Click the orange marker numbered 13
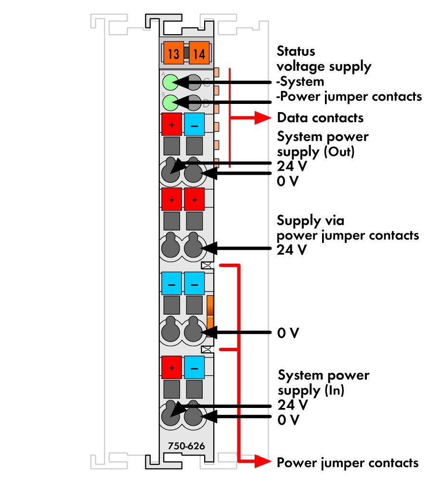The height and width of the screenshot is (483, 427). (173, 53)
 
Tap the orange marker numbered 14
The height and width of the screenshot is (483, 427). (199, 53)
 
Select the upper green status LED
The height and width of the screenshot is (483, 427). (170, 82)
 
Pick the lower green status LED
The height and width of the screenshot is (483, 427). (170, 102)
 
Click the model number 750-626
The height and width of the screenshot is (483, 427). (186, 446)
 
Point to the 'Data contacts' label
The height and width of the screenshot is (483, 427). (320, 118)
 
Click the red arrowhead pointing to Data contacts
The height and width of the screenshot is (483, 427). (263, 118)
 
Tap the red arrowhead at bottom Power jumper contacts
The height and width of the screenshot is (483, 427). (263, 461)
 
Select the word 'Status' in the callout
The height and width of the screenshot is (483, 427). (296, 51)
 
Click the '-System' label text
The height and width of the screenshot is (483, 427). (300, 82)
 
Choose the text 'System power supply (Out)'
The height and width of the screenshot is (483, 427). (323, 144)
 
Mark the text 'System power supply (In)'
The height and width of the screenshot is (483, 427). (323, 382)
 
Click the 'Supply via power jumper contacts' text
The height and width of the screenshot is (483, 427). (348, 228)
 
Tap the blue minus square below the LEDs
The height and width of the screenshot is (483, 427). (194, 124)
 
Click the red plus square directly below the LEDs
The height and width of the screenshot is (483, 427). (171, 124)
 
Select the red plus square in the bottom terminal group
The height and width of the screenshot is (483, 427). (171, 368)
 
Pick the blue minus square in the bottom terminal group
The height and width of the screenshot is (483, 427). (194, 368)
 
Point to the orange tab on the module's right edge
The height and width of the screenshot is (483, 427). (210, 316)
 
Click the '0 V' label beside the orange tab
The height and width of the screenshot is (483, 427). (288, 333)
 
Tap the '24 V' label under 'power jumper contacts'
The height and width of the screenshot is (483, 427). (292, 250)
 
